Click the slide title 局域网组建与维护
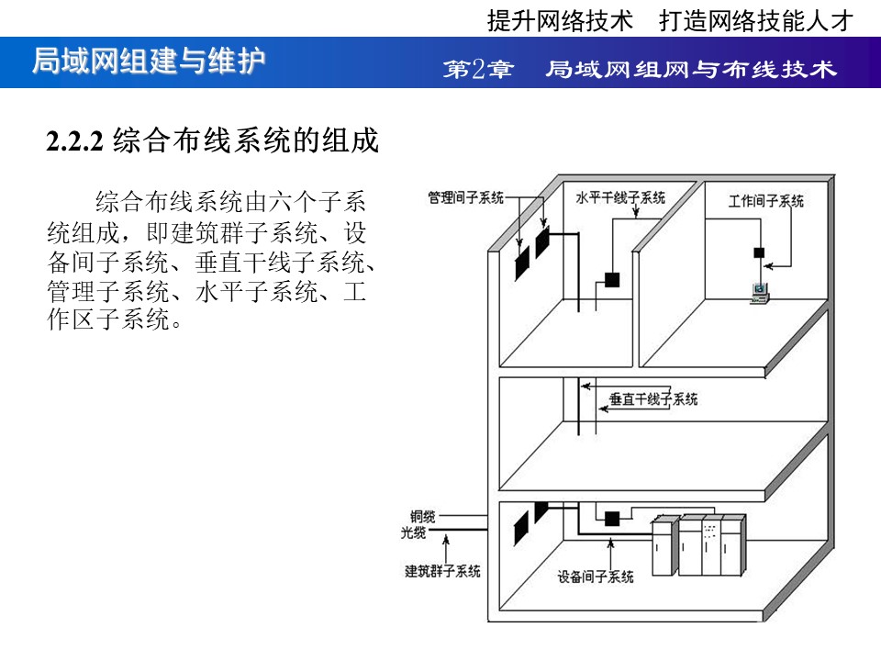149,61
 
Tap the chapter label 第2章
478,69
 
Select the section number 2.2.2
74,140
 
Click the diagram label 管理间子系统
466,198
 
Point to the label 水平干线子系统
620,198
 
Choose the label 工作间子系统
765,201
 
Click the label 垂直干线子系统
653,399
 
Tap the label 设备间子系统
595,577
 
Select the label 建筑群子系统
442,571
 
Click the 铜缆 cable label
422,516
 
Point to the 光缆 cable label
413,532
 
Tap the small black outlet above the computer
759,252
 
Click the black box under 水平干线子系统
612,279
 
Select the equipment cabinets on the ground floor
699,544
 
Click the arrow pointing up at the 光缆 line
446,548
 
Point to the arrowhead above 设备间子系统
611,543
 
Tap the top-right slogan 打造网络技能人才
756,21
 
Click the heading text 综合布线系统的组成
246,140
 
